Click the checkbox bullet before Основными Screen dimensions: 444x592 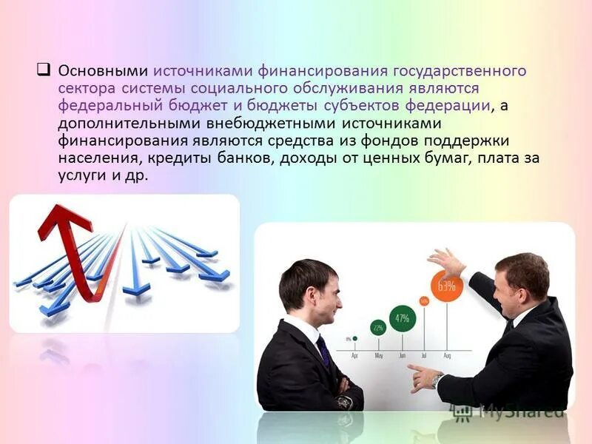point(43,71)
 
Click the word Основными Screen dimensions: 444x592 point(102,71)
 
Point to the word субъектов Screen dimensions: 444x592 point(364,106)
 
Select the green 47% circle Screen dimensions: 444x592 point(402,318)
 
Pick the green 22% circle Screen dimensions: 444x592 point(378,328)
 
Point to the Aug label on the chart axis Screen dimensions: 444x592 point(447,356)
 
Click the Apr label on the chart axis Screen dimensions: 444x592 point(354,356)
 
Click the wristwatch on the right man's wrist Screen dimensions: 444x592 point(438,380)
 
